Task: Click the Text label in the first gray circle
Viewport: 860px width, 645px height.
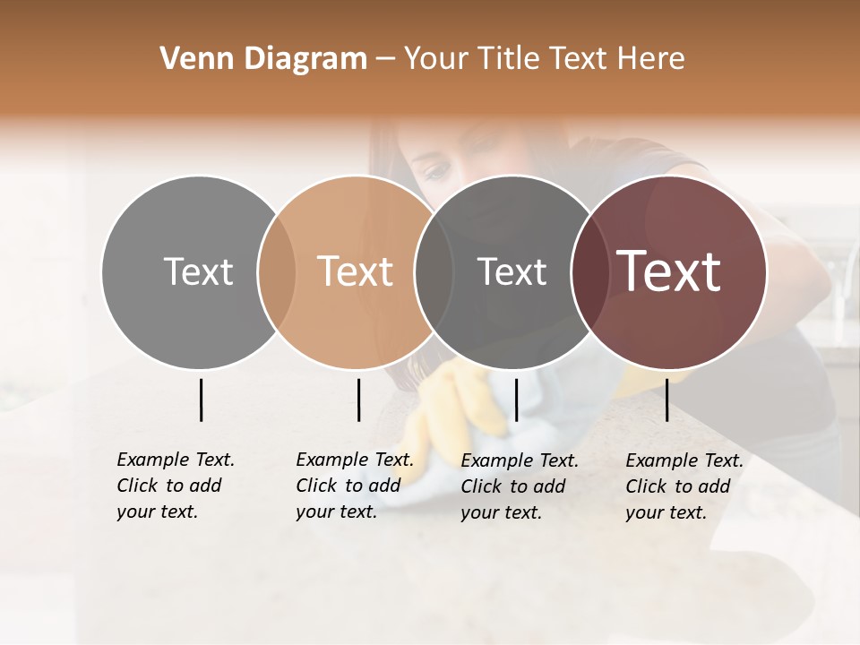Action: [x=198, y=271]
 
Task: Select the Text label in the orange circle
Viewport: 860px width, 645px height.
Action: [x=355, y=271]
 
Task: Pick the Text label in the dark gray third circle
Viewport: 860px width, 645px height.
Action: [x=512, y=271]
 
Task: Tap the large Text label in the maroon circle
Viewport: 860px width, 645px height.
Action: [x=669, y=271]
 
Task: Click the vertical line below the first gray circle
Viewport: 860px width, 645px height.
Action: [x=201, y=400]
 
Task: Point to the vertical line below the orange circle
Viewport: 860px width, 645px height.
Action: [x=358, y=400]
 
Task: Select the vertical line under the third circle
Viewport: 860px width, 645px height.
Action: [x=516, y=400]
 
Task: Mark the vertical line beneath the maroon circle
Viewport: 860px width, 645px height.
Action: [x=667, y=400]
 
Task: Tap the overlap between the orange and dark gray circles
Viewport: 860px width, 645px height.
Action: [x=434, y=271]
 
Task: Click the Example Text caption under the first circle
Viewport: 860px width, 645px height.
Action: [x=175, y=486]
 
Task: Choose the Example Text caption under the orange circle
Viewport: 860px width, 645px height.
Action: [x=354, y=486]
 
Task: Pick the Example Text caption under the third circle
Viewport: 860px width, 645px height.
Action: [x=519, y=486]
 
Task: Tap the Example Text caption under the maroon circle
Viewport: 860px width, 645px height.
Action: [x=684, y=486]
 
